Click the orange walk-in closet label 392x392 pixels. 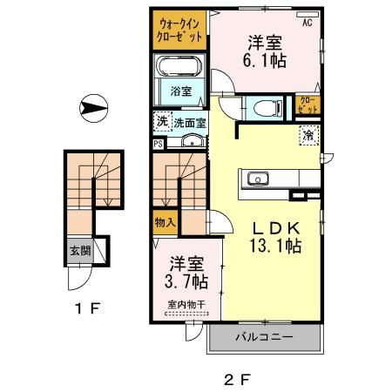[181, 30]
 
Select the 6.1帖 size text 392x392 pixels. [267, 61]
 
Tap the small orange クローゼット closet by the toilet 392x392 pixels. [308, 107]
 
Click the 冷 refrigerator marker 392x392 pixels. [308, 134]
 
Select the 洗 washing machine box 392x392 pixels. [161, 122]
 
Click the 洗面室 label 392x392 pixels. [189, 123]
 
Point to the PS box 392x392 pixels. [158, 145]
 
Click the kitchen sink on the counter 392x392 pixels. [259, 179]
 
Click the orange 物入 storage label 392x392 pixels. [166, 223]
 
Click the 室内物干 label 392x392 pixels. [185, 304]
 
